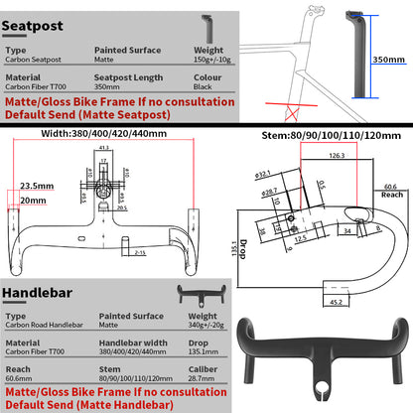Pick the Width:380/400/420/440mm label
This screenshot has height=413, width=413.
[x=104, y=133]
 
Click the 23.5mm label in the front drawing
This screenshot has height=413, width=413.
[x=37, y=185]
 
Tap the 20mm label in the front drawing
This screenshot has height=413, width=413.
[x=33, y=200]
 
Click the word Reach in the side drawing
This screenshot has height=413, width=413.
[x=390, y=195]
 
